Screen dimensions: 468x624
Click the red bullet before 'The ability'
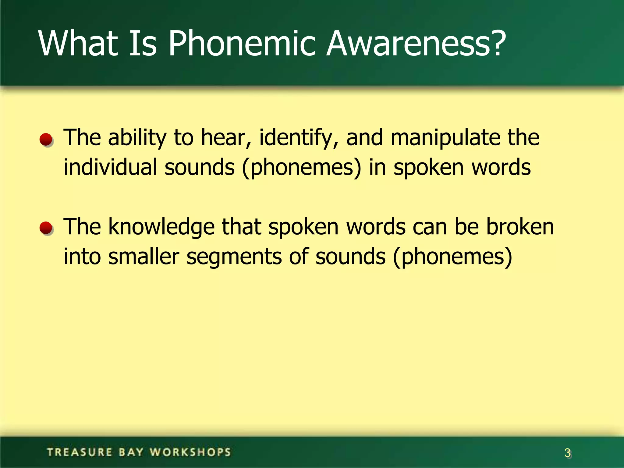(46, 140)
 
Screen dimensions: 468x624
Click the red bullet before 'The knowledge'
(46, 229)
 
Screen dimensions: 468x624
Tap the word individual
(110, 168)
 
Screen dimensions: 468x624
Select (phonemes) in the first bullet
(301, 168)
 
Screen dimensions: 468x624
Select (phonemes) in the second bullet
(452, 257)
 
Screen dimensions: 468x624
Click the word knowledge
(161, 227)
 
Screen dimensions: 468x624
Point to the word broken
(520, 227)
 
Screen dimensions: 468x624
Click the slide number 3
(567, 453)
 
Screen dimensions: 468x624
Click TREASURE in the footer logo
(80, 452)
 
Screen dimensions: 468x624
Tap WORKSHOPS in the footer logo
(190, 452)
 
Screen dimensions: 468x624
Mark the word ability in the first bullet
(137, 138)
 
